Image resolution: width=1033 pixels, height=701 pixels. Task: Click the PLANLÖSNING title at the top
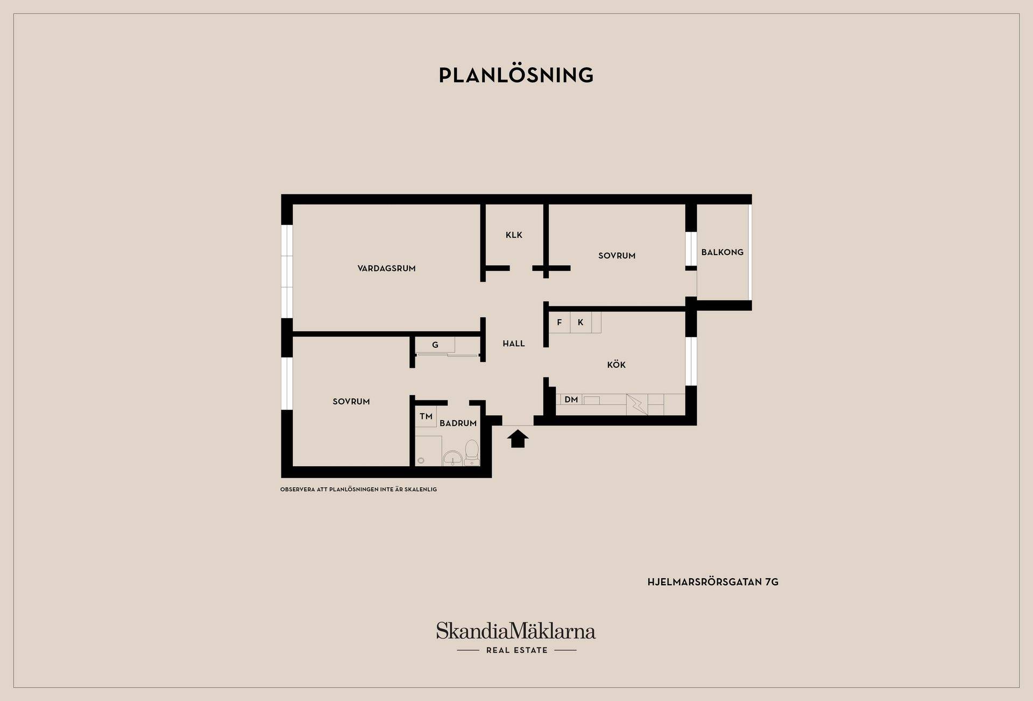516,75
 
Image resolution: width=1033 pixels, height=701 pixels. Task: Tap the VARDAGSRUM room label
386,268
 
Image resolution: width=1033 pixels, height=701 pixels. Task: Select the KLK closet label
514,235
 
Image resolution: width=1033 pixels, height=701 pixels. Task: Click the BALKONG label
722,252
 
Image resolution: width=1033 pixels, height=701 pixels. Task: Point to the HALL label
513,344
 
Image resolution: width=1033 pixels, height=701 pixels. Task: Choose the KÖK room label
616,364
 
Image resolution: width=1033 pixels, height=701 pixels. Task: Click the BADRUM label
458,423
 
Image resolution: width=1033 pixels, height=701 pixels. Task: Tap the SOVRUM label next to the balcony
617,256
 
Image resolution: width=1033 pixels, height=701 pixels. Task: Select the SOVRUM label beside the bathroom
351,402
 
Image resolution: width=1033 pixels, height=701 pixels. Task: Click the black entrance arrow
518,438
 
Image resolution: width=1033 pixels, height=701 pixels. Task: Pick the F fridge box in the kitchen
560,323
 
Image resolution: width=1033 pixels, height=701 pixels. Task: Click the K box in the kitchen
581,323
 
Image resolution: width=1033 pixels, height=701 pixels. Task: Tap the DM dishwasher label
571,399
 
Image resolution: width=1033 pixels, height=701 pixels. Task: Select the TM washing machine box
426,416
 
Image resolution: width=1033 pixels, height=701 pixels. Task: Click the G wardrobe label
435,345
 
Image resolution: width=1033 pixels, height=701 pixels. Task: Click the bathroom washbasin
452,458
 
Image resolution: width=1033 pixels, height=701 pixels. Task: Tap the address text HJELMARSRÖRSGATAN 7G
713,582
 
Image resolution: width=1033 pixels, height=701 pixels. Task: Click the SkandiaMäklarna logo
516,637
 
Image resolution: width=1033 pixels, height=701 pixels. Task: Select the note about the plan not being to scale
358,489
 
